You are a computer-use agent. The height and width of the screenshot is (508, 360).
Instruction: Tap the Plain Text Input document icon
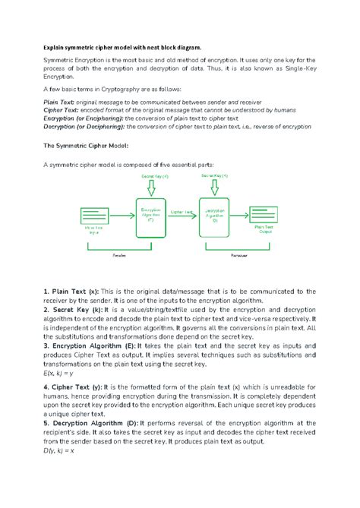(x=95, y=214)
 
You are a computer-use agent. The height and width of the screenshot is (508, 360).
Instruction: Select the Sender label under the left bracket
(x=118, y=257)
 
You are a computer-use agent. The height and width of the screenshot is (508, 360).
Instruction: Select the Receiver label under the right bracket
(x=241, y=257)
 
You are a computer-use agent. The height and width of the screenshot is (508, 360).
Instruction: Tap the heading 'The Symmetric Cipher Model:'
(x=86, y=145)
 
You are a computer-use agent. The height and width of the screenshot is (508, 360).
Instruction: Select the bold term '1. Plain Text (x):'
(x=71, y=292)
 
